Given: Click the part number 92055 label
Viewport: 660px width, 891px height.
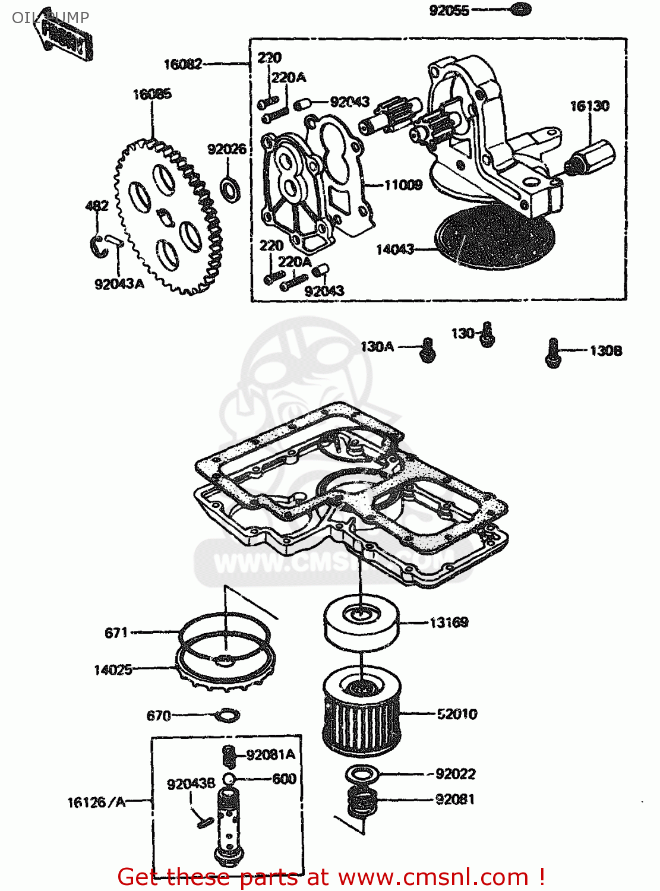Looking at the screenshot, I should click(449, 10).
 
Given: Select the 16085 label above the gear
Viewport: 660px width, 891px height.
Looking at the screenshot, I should click(152, 94).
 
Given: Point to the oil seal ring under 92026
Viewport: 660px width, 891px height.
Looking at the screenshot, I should click(230, 188).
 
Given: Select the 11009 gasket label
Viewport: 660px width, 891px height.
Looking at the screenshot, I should click(403, 185).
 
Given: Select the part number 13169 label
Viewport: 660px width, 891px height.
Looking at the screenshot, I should click(449, 622).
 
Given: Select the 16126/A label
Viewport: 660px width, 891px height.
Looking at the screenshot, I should click(96, 802).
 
